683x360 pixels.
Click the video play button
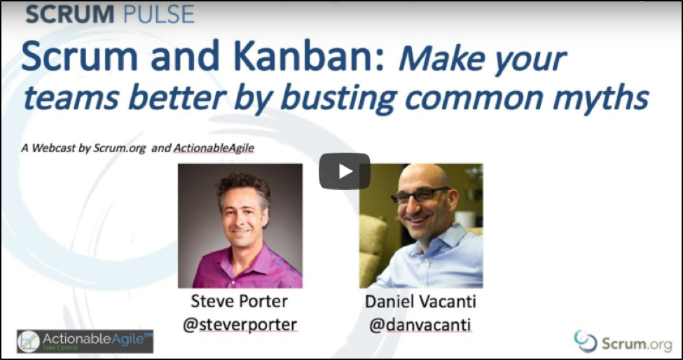tap(345, 171)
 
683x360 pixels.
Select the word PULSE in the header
tap(158, 15)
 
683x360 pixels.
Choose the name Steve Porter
tap(239, 302)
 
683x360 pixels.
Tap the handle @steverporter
tap(240, 324)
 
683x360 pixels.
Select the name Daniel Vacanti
tap(420, 302)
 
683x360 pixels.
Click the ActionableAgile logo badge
tap(85, 341)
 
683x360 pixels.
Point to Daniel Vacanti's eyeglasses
tap(420, 195)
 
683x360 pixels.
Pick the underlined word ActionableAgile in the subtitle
tap(214, 148)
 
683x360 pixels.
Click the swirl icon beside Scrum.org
tap(585, 341)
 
